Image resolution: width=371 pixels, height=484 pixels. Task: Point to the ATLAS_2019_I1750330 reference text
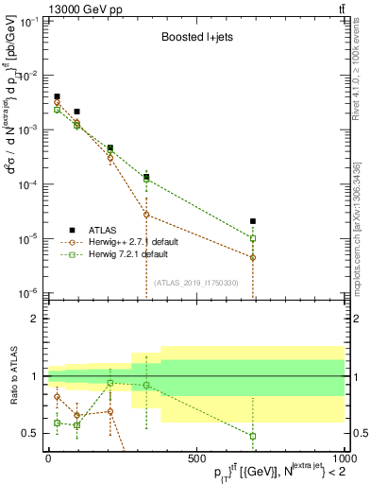coord(195,282)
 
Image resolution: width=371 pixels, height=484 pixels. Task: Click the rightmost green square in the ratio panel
coord(253,436)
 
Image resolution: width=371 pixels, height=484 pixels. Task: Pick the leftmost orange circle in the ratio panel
coord(57,396)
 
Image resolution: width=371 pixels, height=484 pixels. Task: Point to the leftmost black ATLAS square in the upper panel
coord(57,96)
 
